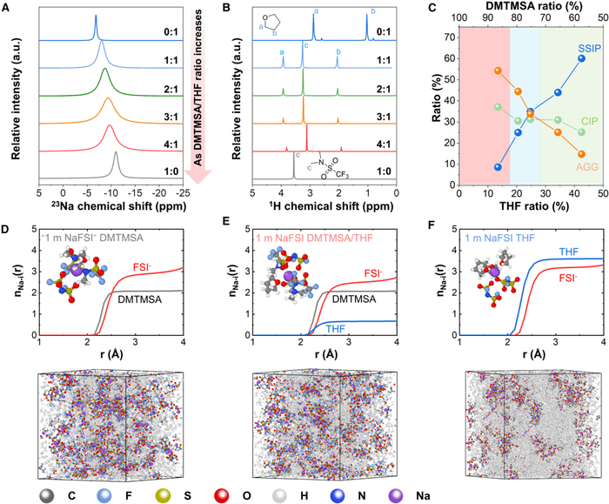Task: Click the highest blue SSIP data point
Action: tap(581, 58)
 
